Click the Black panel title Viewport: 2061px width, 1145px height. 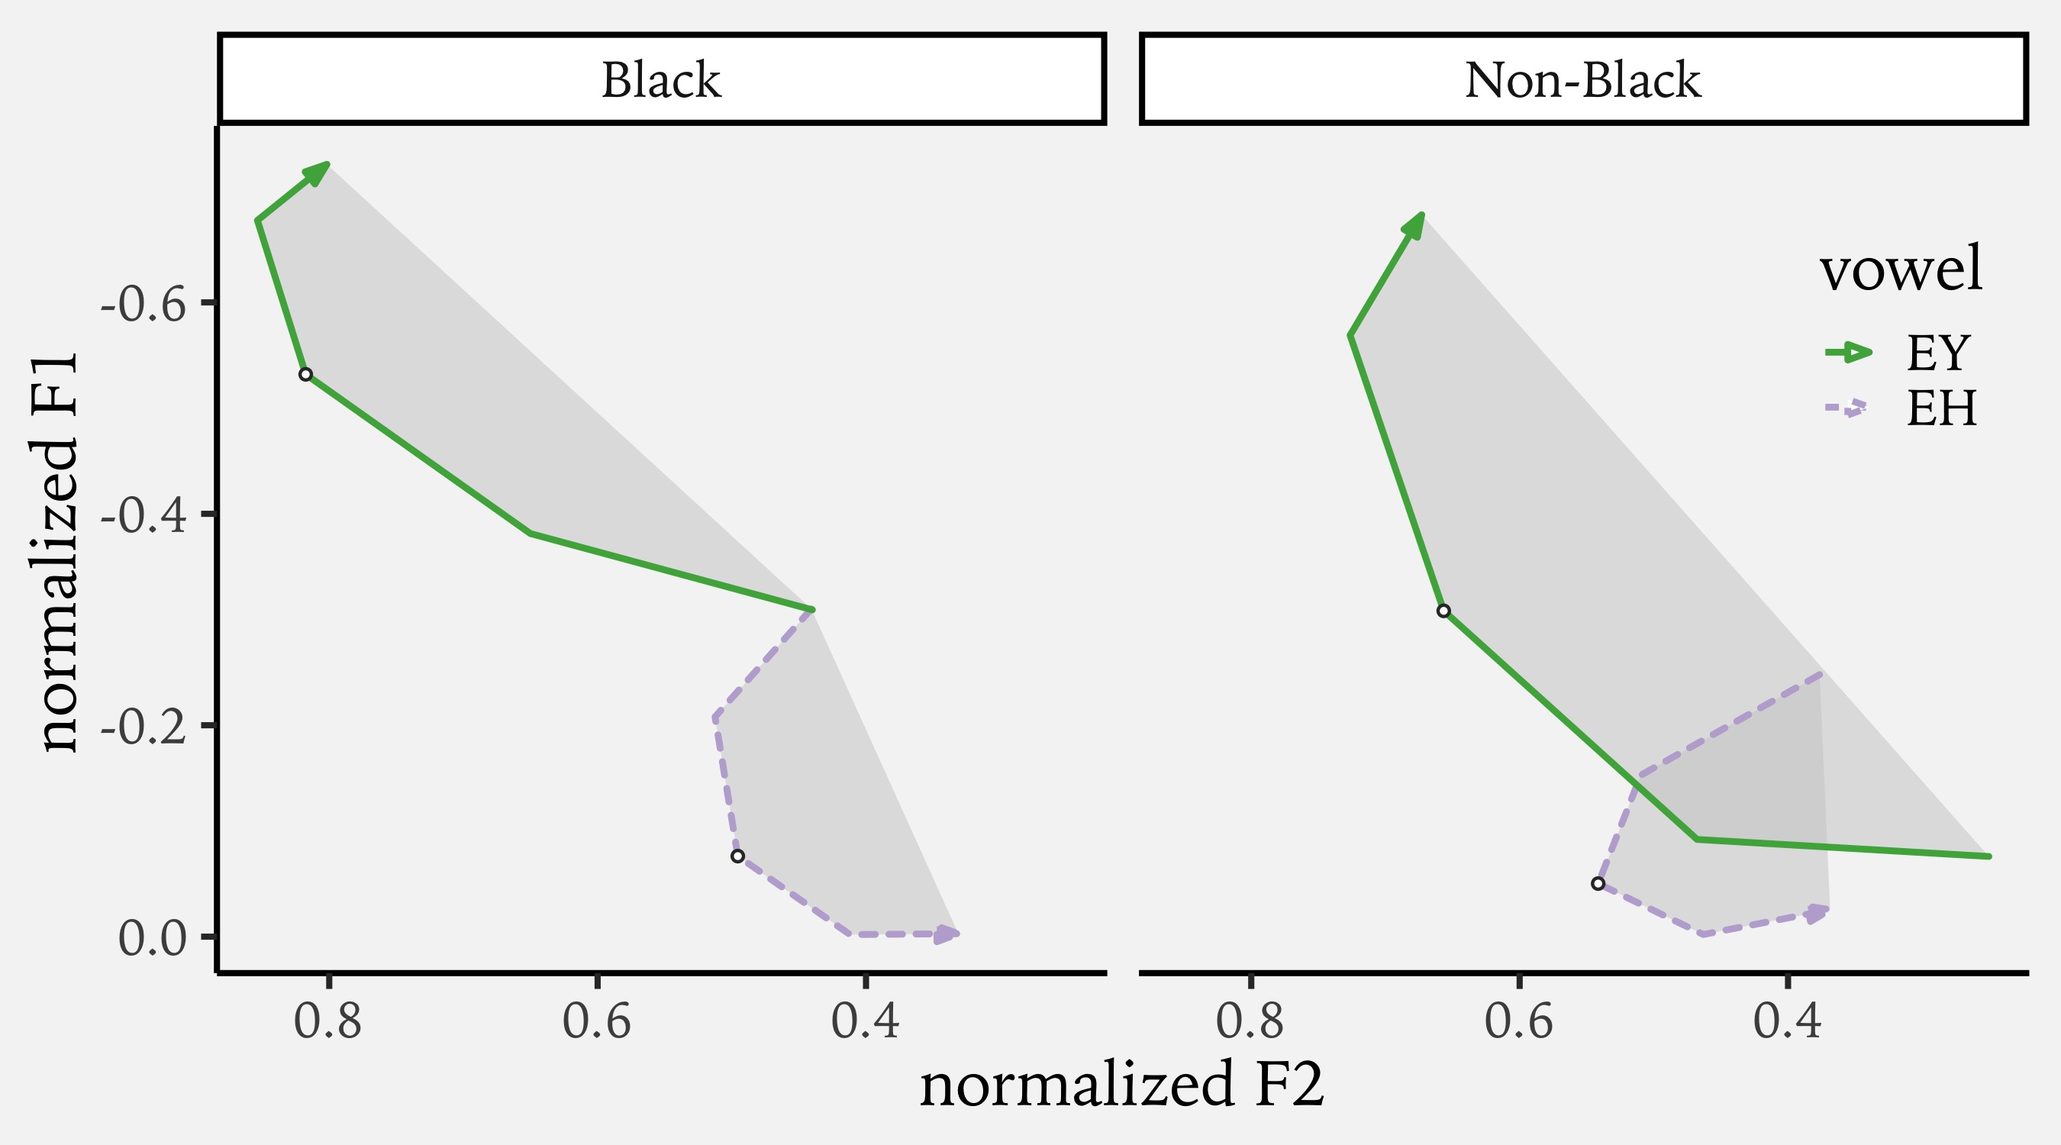tap(661, 80)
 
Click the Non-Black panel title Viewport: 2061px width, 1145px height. tap(1582, 80)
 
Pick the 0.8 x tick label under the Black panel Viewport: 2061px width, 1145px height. tap(328, 1022)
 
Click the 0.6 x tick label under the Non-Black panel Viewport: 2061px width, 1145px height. tap(1518, 1022)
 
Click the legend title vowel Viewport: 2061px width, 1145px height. tap(1901, 269)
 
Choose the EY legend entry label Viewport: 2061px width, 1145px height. tap(1936, 352)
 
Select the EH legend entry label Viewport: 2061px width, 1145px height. tap(1942, 409)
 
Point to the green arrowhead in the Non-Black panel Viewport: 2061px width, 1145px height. tap(1414, 227)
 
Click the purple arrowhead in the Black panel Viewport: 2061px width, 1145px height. tap(947, 934)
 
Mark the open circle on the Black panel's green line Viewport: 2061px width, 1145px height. tap(305, 375)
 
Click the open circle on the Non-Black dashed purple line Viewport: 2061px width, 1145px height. tap(1598, 883)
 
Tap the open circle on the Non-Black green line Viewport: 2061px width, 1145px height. tap(1443, 611)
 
